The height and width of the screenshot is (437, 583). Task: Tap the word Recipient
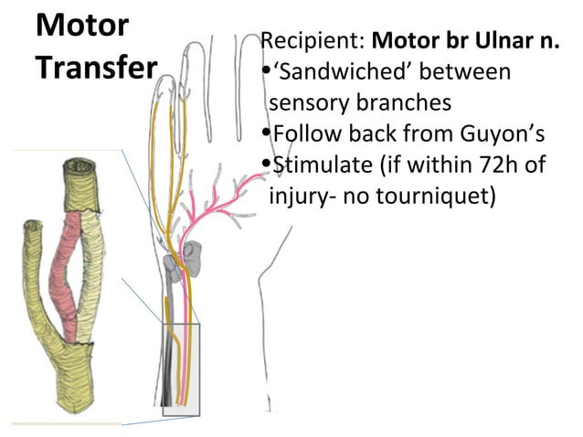point(312,41)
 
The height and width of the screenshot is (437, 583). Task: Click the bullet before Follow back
point(266,133)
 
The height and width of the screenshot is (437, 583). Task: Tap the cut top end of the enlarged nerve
point(79,168)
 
